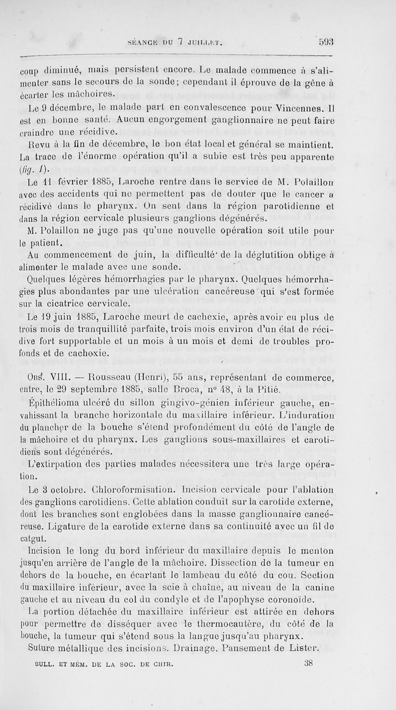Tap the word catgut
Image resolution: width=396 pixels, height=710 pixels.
point(31,538)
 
